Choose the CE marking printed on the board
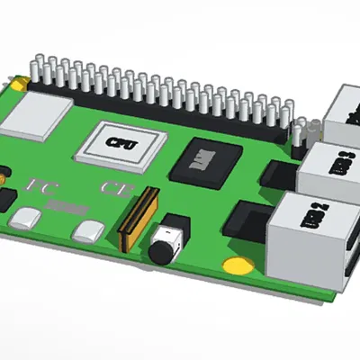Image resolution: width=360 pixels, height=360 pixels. (x=115, y=189)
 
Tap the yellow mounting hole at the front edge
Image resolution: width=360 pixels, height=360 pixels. (x=237, y=265)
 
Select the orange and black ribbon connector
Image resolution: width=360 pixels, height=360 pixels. (x=137, y=219)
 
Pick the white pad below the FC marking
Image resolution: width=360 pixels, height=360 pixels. (x=27, y=217)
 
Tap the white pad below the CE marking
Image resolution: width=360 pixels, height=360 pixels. (x=87, y=230)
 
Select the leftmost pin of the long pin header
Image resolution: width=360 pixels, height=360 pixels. (x=34, y=68)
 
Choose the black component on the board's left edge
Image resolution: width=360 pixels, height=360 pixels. (x=4, y=199)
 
